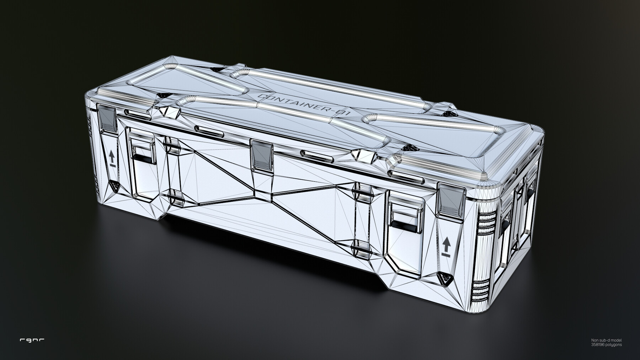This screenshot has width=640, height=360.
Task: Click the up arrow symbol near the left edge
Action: click(x=112, y=157)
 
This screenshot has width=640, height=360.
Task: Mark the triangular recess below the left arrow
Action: click(x=114, y=185)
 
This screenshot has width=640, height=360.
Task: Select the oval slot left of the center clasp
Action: click(x=209, y=130)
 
